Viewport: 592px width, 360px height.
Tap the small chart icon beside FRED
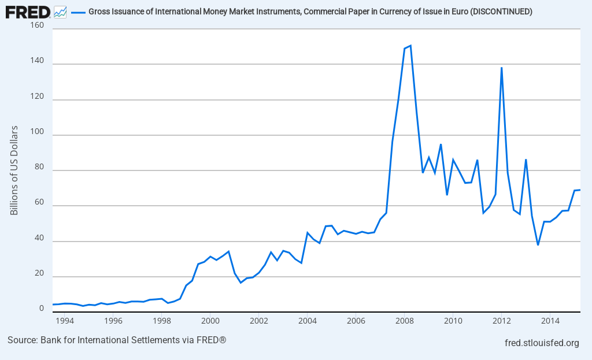pyautogui.click(x=60, y=12)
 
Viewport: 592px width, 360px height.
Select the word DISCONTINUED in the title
pyautogui.click(x=501, y=12)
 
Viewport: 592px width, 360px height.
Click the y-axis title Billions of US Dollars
pyautogui.click(x=14, y=170)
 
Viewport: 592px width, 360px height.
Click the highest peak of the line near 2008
pyautogui.click(x=410, y=45)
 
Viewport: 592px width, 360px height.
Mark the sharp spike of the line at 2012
pyautogui.click(x=501, y=67)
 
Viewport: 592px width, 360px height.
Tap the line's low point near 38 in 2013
pyautogui.click(x=538, y=245)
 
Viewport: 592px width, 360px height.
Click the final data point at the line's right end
pyautogui.click(x=580, y=190)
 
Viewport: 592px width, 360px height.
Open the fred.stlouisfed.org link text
pyautogui.click(x=542, y=343)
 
